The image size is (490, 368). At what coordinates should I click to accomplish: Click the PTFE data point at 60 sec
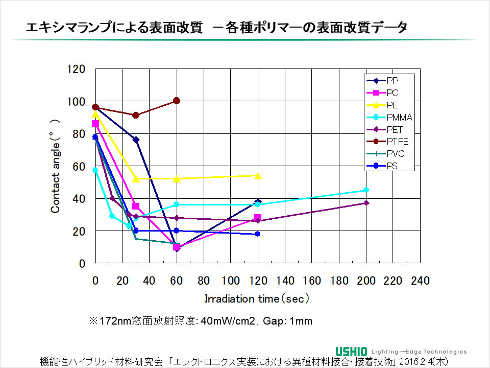[x=177, y=101]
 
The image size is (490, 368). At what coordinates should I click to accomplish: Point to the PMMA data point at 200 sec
[x=365, y=190]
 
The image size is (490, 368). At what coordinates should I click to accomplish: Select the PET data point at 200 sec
[x=365, y=203]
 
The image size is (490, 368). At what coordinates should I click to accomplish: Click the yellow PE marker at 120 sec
[x=258, y=176]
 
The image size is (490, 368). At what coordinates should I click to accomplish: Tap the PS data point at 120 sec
[x=258, y=234]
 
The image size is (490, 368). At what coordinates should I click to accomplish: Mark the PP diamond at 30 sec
[x=136, y=140]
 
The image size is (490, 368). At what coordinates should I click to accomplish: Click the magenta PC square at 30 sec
[x=136, y=206]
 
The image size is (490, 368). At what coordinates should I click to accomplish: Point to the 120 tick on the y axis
[x=79, y=69]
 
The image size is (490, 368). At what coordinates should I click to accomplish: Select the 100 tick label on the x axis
[x=231, y=281]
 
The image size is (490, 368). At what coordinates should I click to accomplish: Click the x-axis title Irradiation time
[x=257, y=298]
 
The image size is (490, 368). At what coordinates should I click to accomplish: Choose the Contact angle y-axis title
[x=56, y=166]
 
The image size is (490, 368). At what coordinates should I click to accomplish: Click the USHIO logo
[x=352, y=351]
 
